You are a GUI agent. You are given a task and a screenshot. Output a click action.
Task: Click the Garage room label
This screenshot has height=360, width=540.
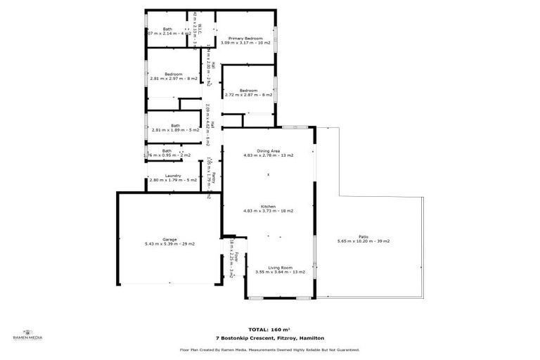pos(169,239)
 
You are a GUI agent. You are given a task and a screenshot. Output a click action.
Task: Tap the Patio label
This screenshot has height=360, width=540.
pos(363,236)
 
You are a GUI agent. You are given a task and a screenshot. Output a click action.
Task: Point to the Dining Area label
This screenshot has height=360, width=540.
pos(268,150)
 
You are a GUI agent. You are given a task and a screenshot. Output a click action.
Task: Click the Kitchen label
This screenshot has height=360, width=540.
pos(268,206)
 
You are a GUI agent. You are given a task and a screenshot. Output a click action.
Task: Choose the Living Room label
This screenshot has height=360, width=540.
pos(280,267)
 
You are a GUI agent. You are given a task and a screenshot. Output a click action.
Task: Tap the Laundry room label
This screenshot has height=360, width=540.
pos(173,176)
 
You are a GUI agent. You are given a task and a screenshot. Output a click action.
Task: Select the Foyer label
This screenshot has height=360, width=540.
pos(237,257)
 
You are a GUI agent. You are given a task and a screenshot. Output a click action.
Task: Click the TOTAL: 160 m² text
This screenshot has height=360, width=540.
pos(269,329)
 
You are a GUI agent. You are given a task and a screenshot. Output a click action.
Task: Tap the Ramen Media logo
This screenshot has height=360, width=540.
pos(28,335)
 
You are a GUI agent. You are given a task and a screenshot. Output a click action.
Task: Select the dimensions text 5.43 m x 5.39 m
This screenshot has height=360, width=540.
pos(169,244)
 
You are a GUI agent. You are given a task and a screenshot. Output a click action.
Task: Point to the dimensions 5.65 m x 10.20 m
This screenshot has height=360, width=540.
pos(363,241)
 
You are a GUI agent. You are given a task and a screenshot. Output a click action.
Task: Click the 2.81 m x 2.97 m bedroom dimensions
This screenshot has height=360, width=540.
pos(173,79)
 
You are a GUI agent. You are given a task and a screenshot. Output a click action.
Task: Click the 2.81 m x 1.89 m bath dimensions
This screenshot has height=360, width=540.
pos(175,130)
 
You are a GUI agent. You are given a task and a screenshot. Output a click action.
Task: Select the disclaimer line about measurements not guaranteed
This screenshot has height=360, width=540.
pos(269,349)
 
